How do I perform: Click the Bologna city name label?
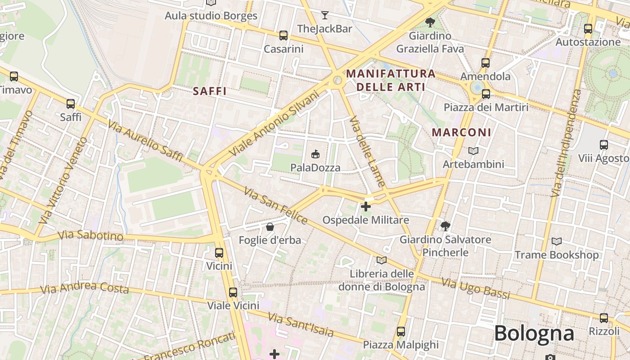534,333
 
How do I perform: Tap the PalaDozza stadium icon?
315,154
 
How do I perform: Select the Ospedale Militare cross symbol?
366,207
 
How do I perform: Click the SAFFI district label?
210,91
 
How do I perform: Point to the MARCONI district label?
461,132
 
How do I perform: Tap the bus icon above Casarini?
283,36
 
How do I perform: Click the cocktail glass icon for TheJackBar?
324,15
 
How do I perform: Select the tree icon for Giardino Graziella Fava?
430,22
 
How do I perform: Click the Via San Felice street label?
275,206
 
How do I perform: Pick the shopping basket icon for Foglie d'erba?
270,227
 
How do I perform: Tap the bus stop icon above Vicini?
219,253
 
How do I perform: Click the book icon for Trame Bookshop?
557,242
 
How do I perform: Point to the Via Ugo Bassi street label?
476,288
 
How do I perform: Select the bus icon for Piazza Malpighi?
401,332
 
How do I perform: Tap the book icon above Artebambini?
473,151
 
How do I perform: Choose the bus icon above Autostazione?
588,29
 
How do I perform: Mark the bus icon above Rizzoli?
604,318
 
